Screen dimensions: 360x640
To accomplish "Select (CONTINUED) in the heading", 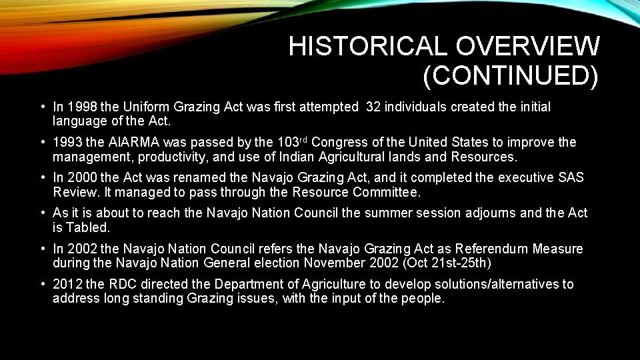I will click(511, 77).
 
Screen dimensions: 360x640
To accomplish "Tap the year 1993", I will click(68, 143).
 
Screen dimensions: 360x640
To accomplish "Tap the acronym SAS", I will click(575, 178).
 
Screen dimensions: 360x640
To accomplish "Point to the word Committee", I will click(386, 193).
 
